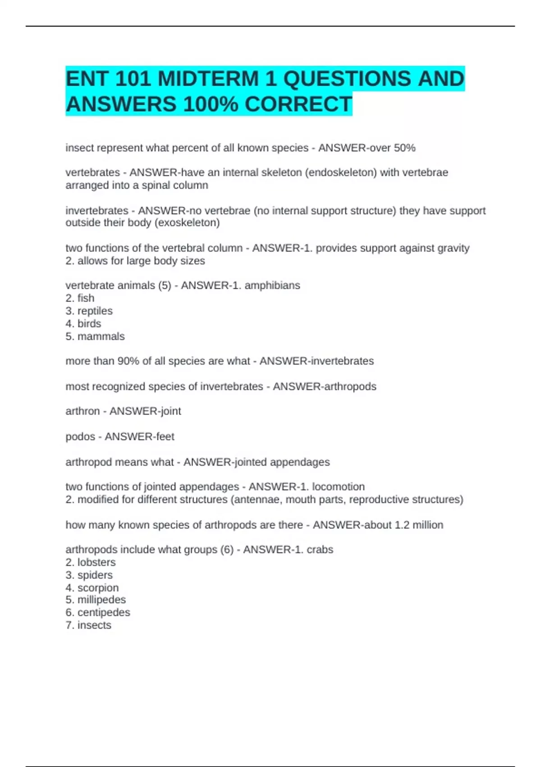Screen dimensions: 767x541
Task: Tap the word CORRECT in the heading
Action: [298, 104]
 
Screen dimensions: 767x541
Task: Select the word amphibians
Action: [272, 285]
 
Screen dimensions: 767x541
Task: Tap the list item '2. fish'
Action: [80, 298]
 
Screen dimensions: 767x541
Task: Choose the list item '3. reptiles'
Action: [89, 311]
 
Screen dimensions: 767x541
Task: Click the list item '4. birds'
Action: [83, 323]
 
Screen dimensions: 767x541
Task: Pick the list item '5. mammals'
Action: [95, 337]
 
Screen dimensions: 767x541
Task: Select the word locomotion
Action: [338, 487]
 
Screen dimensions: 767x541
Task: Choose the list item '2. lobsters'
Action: [91, 562]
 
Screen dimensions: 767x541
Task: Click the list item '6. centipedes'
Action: [98, 612]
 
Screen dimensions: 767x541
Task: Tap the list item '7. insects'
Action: [88, 625]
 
